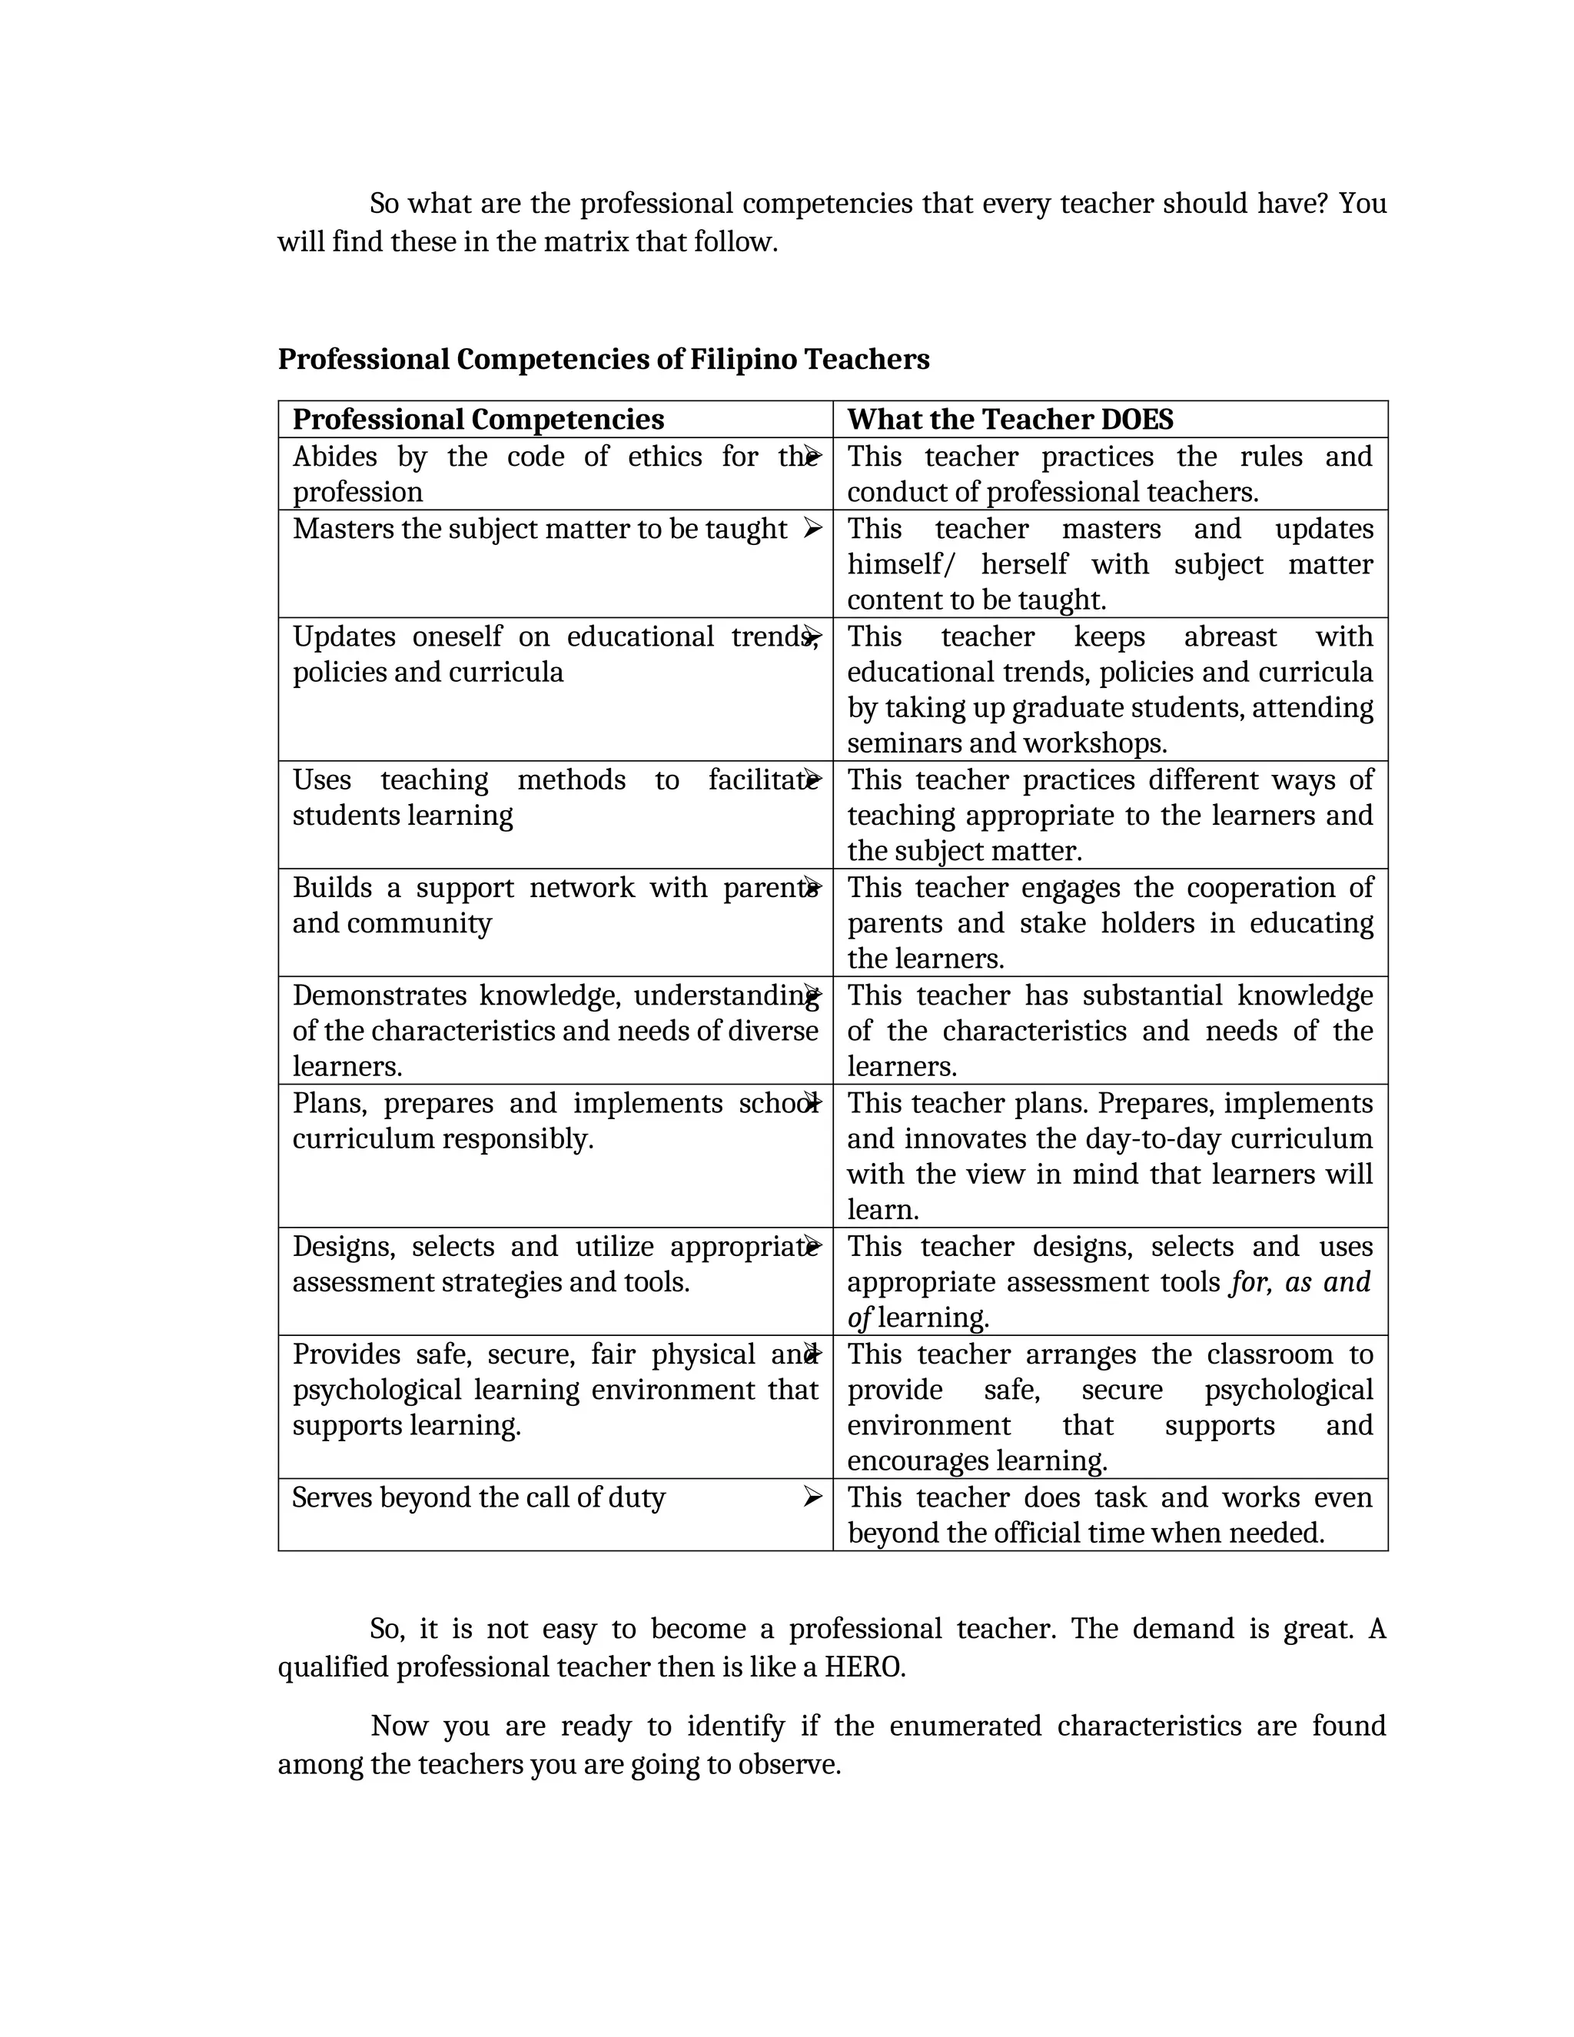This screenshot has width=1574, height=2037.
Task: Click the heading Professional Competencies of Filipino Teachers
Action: click(603, 359)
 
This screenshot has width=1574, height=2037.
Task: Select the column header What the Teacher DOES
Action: click(1010, 420)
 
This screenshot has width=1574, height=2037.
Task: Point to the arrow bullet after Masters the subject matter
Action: click(812, 529)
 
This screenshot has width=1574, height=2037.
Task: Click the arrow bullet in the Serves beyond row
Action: click(812, 1497)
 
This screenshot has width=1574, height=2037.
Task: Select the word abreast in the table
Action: click(1230, 637)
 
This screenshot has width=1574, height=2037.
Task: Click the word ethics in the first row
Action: click(664, 457)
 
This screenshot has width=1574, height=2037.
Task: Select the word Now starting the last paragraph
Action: click(399, 1726)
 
